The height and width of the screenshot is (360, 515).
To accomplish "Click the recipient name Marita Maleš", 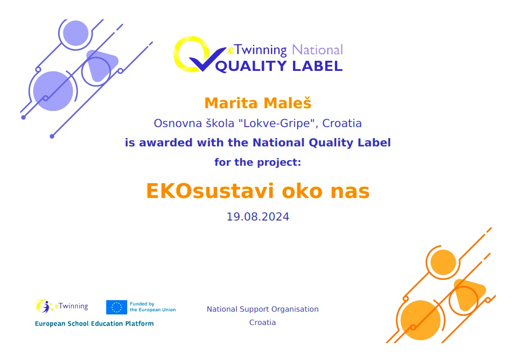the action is [258, 103].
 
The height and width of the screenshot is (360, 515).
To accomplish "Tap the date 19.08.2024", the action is [258, 217].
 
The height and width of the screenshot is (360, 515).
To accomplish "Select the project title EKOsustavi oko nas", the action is [258, 191].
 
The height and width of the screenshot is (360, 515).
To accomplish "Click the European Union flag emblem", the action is [117, 307].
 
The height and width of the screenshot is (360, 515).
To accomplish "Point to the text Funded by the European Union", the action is [153, 307].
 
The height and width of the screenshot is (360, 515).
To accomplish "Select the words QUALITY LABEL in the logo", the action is [279, 66].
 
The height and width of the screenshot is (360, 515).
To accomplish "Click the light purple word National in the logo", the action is [317, 50].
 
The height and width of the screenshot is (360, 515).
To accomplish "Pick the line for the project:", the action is [258, 162].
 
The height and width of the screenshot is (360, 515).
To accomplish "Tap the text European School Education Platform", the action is [94, 324].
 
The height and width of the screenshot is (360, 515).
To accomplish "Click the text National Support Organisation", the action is [263, 309].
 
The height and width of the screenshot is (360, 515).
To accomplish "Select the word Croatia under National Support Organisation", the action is [263, 323].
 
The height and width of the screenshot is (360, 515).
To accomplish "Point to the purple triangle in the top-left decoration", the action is [101, 64].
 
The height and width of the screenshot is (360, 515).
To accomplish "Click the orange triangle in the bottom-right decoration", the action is [468, 294].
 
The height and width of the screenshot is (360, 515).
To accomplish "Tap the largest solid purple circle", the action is [53, 91].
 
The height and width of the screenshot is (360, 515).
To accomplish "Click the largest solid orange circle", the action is [421, 320].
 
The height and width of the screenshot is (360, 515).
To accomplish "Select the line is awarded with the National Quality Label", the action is [258, 143].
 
